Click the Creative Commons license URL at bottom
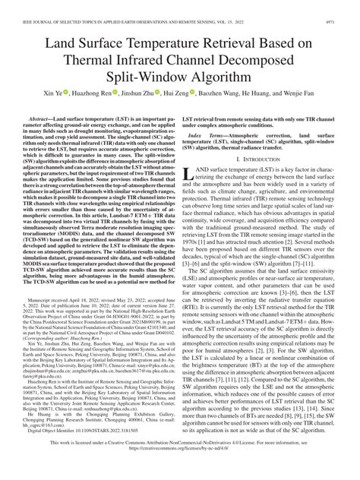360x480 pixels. tap(180, 469)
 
